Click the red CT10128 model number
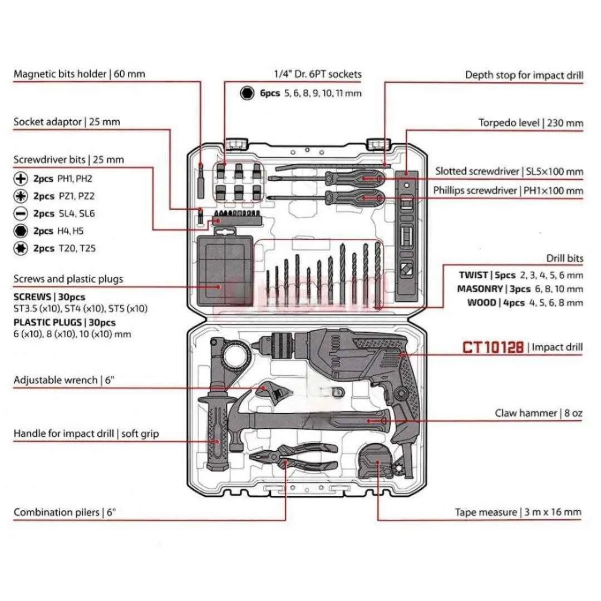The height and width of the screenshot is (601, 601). (493, 347)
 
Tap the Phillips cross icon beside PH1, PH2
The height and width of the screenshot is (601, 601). (21, 179)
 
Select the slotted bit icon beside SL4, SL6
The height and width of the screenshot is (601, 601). (21, 213)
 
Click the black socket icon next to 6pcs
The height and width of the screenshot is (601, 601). (246, 93)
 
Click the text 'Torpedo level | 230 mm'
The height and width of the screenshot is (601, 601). (531, 122)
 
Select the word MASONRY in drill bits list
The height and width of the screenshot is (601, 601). (480, 289)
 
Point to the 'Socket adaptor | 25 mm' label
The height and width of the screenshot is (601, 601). (67, 121)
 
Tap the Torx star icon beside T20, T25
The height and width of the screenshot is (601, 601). (21, 248)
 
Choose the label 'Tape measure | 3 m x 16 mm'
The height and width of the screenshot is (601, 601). (518, 512)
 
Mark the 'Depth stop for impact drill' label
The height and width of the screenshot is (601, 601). (524, 75)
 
